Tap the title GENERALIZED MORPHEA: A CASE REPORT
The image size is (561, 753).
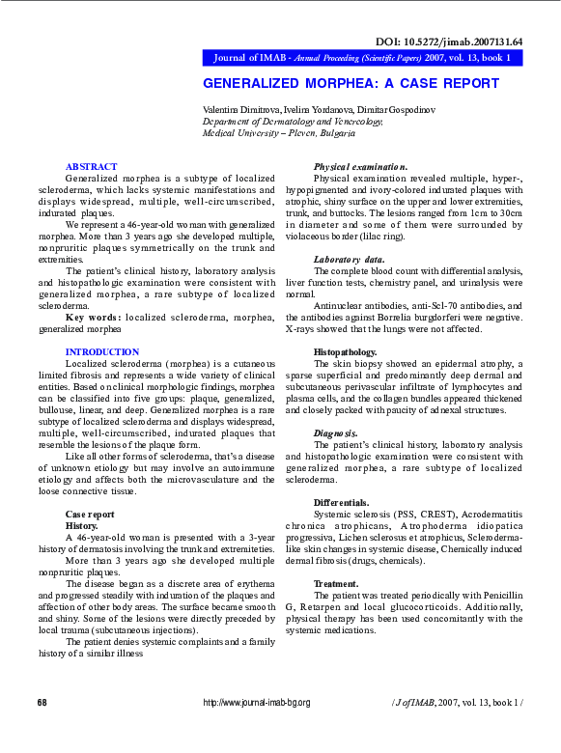coord(351,83)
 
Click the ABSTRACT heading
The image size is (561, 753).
coord(91,167)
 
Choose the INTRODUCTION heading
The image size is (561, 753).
coord(102,351)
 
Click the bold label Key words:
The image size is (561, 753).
coord(94,318)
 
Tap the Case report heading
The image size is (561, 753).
coord(89,514)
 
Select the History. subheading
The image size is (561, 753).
coord(81,525)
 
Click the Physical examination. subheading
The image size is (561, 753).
coord(360,167)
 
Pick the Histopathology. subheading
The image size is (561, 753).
coord(345,351)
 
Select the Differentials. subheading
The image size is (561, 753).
coord(341,503)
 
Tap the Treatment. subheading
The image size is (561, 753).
coord(336,584)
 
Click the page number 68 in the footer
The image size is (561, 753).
coord(42,702)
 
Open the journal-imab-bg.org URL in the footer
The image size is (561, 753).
coord(257,702)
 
